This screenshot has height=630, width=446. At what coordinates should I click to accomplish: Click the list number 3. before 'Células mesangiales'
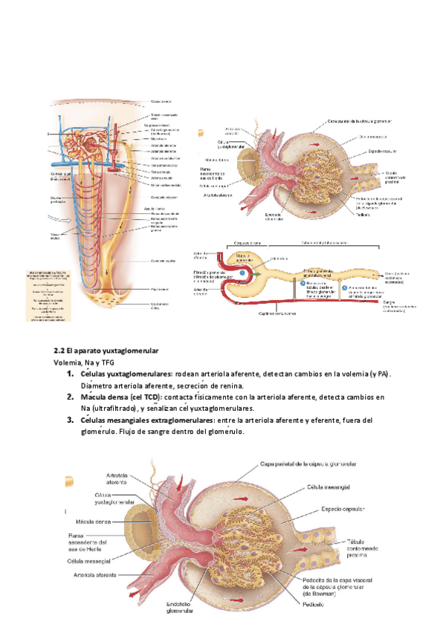tap(70, 420)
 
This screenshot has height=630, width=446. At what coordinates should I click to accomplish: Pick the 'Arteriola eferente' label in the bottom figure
tap(97, 574)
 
